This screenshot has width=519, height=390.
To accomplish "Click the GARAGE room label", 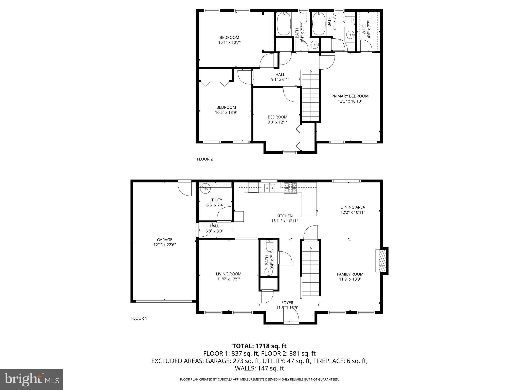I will click(x=164, y=240).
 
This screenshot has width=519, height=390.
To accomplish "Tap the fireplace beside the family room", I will click(x=381, y=261).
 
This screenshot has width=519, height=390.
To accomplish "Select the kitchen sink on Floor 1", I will click(x=270, y=188).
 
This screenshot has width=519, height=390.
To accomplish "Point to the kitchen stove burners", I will click(x=290, y=188).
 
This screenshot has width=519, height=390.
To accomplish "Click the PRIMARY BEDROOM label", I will click(x=350, y=96).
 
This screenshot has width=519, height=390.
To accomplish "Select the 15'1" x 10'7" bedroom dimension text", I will click(x=229, y=43).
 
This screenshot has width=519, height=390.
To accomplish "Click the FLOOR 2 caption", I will click(x=205, y=159).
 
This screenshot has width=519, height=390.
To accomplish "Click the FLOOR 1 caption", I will click(x=139, y=318).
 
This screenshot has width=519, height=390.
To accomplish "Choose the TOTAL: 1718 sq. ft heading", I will click(x=259, y=346).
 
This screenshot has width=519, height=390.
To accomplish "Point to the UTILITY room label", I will click(x=215, y=200).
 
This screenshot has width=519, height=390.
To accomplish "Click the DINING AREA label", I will click(x=353, y=207).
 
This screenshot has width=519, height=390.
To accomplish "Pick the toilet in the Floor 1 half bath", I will click(x=269, y=246).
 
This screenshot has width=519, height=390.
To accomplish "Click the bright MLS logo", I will click(x=32, y=379).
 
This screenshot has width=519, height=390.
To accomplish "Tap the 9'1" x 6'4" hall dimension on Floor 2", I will click(x=280, y=79).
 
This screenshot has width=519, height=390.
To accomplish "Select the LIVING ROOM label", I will click(x=228, y=274).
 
